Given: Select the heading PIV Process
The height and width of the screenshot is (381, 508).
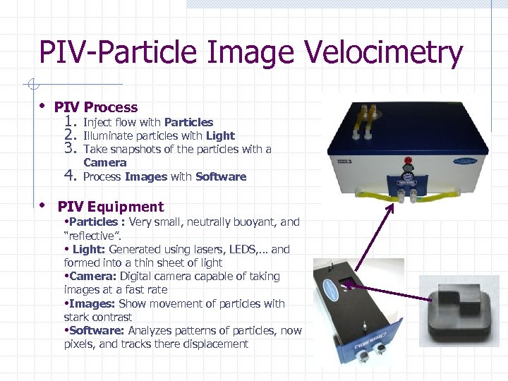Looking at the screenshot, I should tap(96, 107).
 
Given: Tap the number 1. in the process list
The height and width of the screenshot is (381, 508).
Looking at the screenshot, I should tap(69, 121).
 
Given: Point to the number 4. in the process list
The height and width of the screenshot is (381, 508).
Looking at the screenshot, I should tap(69, 175).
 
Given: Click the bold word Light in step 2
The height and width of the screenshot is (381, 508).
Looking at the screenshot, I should tap(220, 135).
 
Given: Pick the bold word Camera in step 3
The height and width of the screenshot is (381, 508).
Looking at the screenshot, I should tap(104, 162).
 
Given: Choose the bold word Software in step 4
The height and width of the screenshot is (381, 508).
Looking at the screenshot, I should tap(221, 176).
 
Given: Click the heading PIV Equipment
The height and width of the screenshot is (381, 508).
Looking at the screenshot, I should tap(110, 207).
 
